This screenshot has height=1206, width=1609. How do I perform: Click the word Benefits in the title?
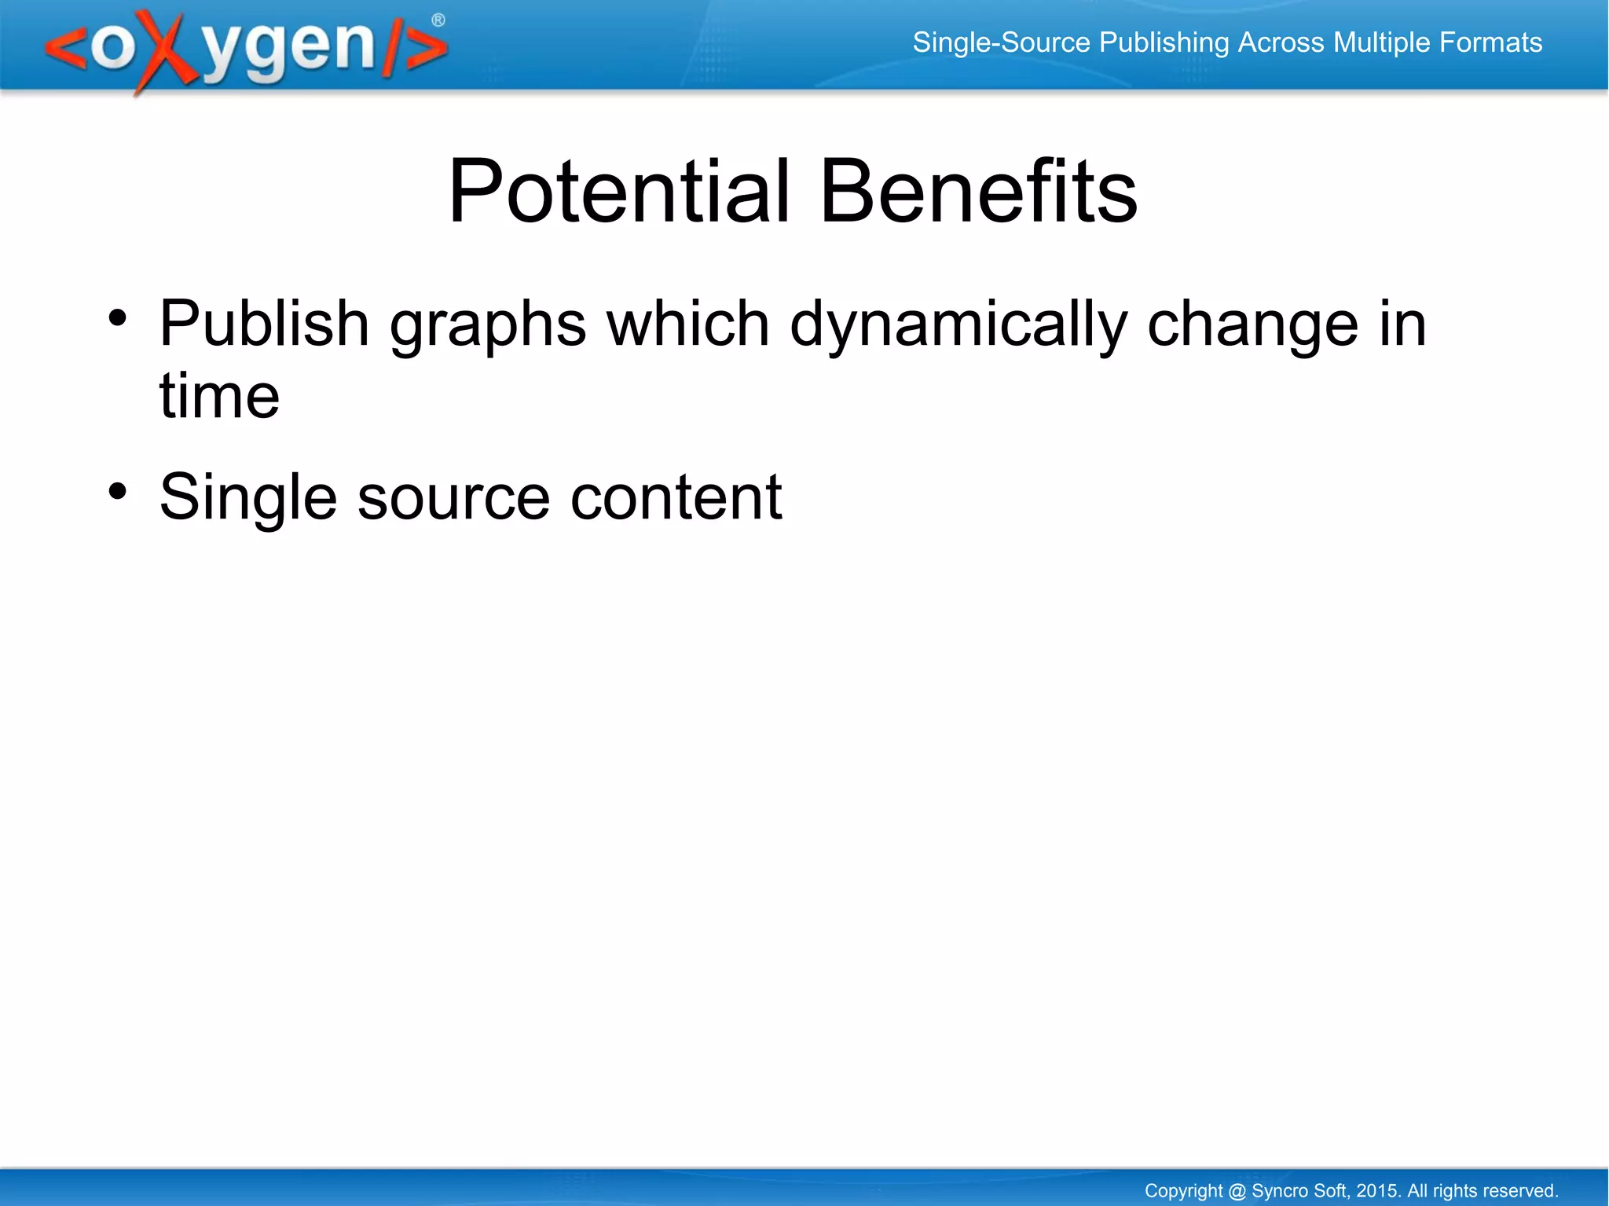point(977,191)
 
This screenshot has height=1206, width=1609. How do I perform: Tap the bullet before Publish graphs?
point(118,318)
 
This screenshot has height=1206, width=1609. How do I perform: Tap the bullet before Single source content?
point(118,492)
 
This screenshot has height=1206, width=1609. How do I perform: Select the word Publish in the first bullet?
point(264,324)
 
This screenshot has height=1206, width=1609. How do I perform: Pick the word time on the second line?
point(219,395)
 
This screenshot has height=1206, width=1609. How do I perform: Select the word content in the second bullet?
point(676,497)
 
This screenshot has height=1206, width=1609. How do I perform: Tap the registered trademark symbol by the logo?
point(438,20)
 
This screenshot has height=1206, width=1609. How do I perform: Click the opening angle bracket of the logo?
point(66,49)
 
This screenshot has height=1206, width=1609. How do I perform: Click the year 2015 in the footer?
point(1377,1190)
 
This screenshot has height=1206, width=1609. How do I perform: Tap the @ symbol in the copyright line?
point(1237,1191)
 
